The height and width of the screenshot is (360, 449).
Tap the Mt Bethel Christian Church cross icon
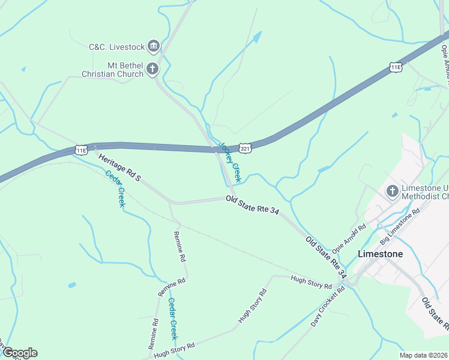pyautogui.click(x=152, y=69)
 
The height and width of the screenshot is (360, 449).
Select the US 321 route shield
pyautogui.click(x=244, y=148)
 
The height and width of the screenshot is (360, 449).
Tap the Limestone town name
pyautogui.click(x=380, y=254)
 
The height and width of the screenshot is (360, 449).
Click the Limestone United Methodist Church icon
pyautogui.click(x=393, y=191)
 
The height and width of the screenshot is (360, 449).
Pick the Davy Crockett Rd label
pyautogui.click(x=328, y=306)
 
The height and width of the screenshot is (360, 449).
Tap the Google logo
pyautogui.click(x=19, y=353)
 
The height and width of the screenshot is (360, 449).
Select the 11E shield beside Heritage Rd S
pyautogui.click(x=81, y=149)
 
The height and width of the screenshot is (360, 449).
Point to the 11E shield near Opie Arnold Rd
pyautogui.click(x=394, y=67)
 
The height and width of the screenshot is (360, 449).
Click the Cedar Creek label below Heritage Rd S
pyautogui.click(x=115, y=189)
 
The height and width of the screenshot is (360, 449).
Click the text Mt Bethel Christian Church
pyautogui.click(x=113, y=70)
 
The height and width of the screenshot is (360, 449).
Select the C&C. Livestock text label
pyautogui.click(x=116, y=46)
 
